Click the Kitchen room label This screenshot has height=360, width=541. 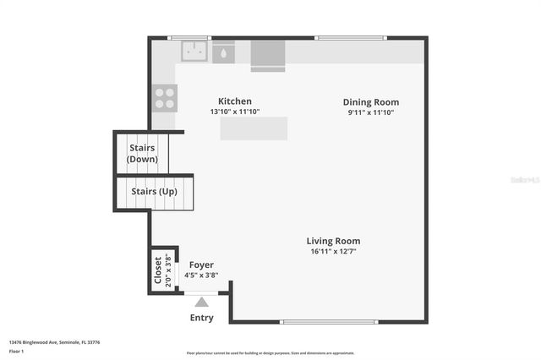tap(235, 101)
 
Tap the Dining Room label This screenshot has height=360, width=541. tap(370, 101)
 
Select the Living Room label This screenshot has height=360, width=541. tap(333, 241)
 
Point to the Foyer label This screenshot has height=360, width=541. tap(201, 265)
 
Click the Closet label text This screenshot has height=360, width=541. tap(158, 270)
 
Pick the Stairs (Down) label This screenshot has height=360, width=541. tap(143, 153)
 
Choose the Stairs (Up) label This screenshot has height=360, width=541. tap(154, 191)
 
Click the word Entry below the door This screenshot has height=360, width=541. tap(202, 318)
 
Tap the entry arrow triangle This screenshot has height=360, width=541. tap(201, 300)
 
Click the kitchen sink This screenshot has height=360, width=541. tap(194, 52)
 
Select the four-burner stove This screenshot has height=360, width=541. tap(165, 98)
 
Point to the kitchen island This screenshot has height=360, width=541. tap(254, 128)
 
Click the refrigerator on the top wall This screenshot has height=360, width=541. tap(268, 54)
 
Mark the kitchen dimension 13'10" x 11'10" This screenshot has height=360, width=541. tap(235, 112)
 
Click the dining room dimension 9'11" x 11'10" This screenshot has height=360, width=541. tap(370, 112)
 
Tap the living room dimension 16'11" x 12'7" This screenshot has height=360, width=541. tap(333, 251)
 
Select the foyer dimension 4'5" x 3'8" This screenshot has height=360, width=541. tap(201, 275)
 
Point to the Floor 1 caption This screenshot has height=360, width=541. tap(17, 350)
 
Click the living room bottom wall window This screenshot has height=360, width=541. tap(328, 321)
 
